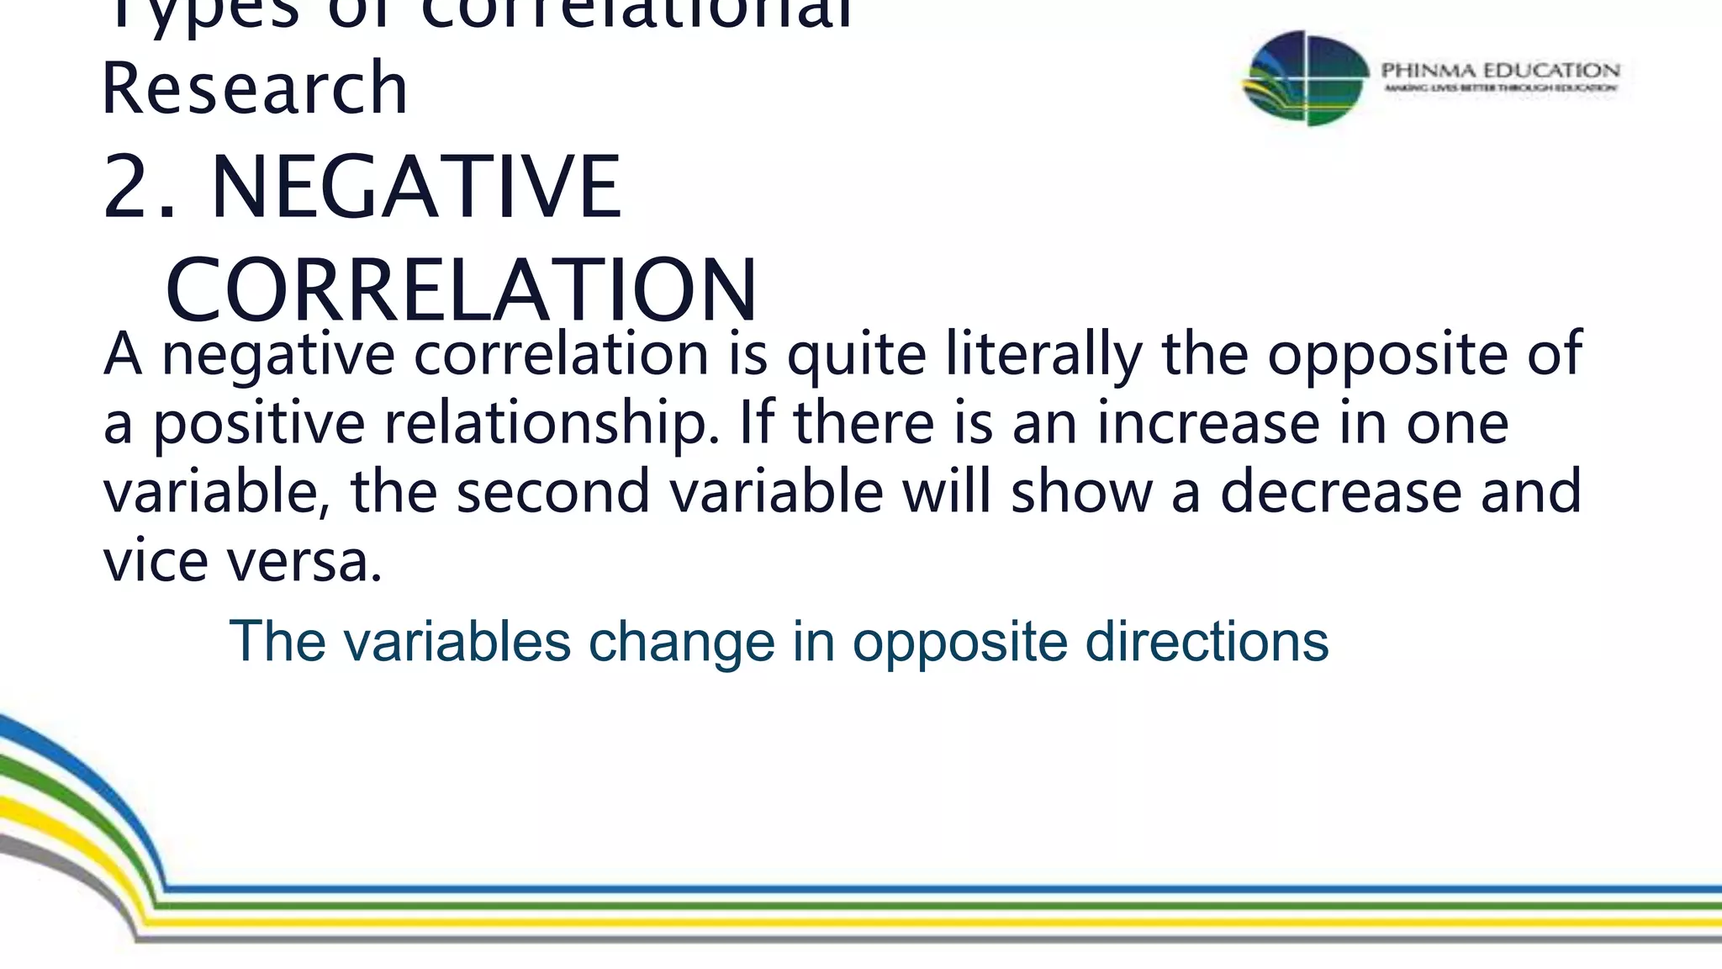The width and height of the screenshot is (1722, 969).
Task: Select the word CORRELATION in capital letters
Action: [x=462, y=290]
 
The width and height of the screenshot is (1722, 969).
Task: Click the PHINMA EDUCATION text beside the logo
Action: [x=1500, y=70]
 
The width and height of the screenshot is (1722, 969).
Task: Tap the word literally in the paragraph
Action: [x=1043, y=353]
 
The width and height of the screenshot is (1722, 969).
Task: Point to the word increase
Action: [x=1207, y=422]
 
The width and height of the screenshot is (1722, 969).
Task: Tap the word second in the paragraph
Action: [x=552, y=491]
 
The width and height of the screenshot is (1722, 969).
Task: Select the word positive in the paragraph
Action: [x=258, y=423]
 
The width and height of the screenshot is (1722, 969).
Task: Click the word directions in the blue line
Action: [x=1207, y=641]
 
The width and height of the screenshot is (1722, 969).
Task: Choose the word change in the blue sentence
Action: [x=681, y=643]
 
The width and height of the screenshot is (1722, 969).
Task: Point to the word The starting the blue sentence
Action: [x=277, y=641]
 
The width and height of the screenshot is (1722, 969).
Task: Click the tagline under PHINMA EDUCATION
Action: [x=1500, y=88]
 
